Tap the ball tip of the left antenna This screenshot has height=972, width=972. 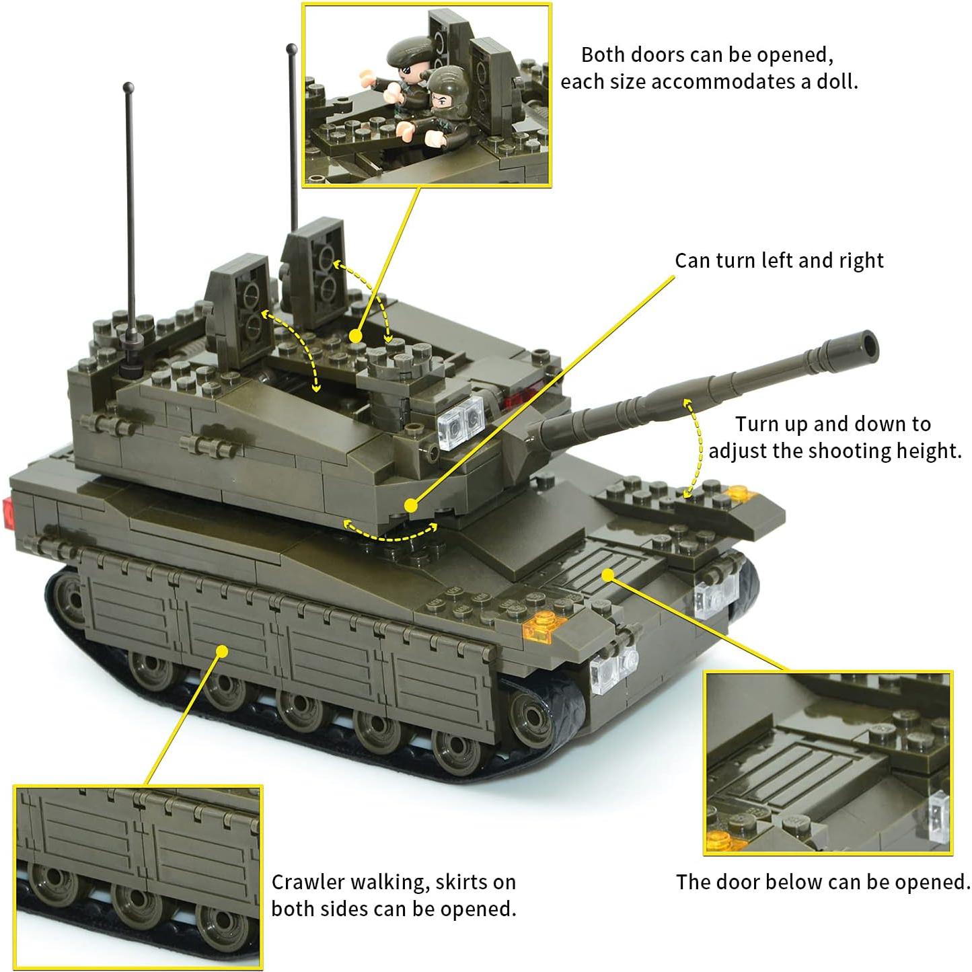pyautogui.click(x=128, y=87)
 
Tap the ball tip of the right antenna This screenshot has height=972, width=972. pyautogui.click(x=291, y=48)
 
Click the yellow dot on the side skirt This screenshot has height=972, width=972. pyautogui.click(x=223, y=650)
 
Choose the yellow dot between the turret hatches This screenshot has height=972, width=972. pyautogui.click(x=356, y=336)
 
